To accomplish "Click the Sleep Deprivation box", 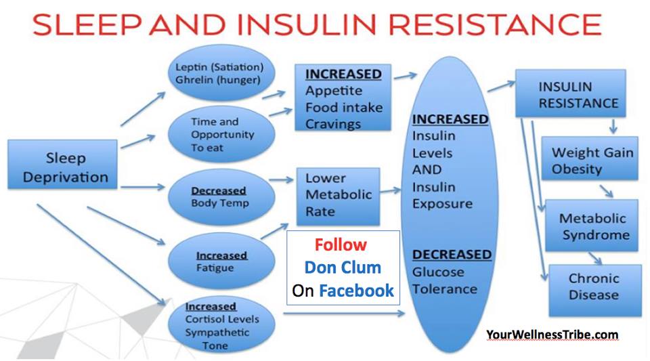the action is click(62, 165).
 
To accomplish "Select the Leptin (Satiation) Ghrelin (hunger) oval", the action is click(221, 73).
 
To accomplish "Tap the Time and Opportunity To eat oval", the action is click(221, 134).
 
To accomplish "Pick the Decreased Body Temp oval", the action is click(221, 197).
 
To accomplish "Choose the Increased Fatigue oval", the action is click(221, 261).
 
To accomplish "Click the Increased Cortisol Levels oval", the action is click(221, 325).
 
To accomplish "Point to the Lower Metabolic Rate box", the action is click(339, 196).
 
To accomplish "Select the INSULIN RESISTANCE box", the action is click(570, 93).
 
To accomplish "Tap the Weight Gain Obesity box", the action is click(590, 158).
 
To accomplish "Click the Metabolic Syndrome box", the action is click(592, 226).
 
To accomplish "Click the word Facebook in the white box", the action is click(356, 291).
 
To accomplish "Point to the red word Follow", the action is click(341, 245).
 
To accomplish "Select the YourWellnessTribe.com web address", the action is click(552, 335).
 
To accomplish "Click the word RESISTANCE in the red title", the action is click(495, 24).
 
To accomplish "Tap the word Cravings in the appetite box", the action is click(333, 124).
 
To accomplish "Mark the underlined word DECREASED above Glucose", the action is click(452, 255).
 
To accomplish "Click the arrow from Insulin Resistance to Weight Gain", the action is click(613, 127).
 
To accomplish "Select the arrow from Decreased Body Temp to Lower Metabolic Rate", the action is click(281, 180).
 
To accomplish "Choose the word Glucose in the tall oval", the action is click(438, 272).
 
